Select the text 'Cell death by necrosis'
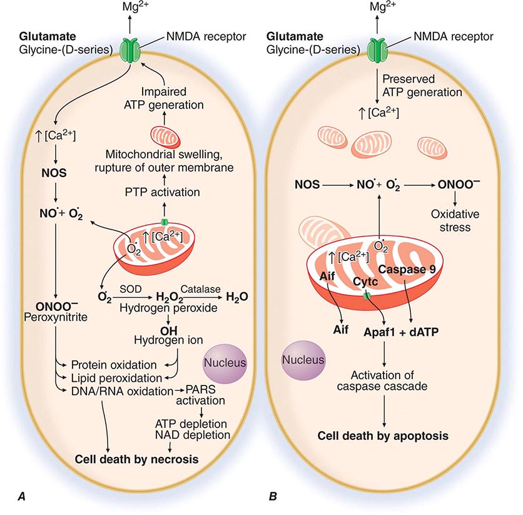[x=136, y=459]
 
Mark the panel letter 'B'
[x=272, y=497]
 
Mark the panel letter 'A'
[x=22, y=497]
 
